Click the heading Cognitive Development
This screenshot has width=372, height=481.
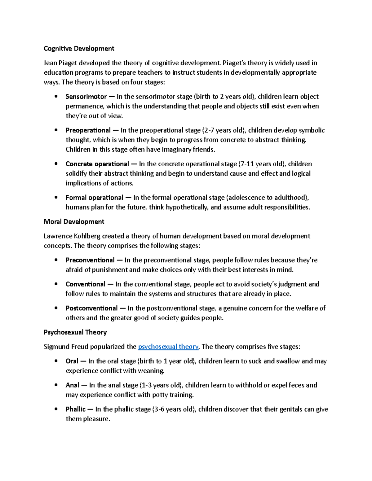pyautogui.click(x=79, y=49)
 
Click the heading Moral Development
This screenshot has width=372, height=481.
pyautogui.click(x=74, y=222)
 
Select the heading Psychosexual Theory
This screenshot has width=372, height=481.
pyautogui.click(x=75, y=332)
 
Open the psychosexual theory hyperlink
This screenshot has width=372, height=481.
pyautogui.click(x=168, y=347)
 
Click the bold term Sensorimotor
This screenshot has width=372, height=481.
pyautogui.click(x=86, y=97)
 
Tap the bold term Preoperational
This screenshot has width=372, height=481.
pyautogui.click(x=88, y=130)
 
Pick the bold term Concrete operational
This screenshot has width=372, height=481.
pyautogui.click(x=97, y=164)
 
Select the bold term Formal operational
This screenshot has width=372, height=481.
pyautogui.click(x=94, y=198)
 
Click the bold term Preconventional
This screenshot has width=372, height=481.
pyautogui.click(x=90, y=260)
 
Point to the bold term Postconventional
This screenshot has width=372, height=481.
pyautogui.click(x=91, y=308)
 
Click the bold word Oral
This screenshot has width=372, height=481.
pyautogui.click(x=72, y=361)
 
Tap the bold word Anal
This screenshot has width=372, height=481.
pyautogui.click(x=72, y=385)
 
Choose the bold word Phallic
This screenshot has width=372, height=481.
pyautogui.click(x=75, y=409)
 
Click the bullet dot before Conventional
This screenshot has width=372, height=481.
pyautogui.click(x=56, y=284)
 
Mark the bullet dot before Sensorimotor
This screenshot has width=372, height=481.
pyautogui.click(x=56, y=96)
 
